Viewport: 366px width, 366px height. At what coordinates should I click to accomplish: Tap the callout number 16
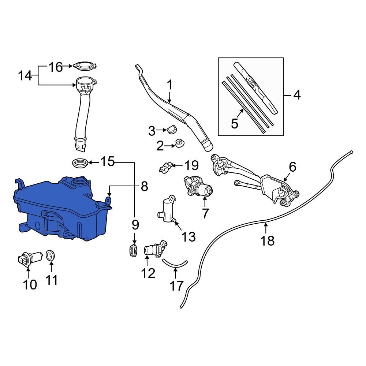pos(56,67)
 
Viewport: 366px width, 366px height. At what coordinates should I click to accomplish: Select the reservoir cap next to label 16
pos(85,66)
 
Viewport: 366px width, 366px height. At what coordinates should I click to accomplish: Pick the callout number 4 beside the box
pos(297,96)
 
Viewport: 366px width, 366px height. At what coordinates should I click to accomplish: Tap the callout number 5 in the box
pos(235,123)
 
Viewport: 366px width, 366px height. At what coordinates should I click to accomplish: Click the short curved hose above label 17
pos(175,262)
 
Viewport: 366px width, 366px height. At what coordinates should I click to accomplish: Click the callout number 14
pos(25,76)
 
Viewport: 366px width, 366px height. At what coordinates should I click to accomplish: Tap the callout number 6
pos(292,167)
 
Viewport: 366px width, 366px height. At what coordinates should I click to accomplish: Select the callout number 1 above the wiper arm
pos(169,85)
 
